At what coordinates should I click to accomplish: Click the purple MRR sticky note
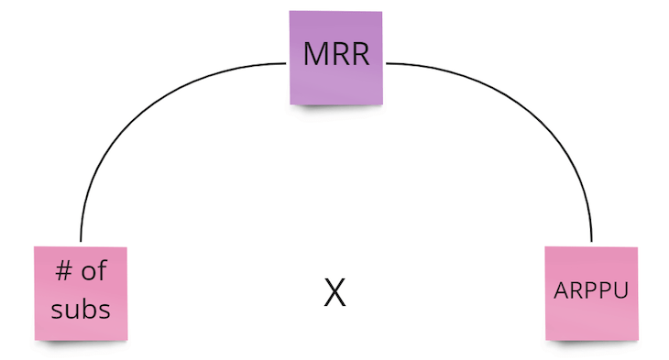337,57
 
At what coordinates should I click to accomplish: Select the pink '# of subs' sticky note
81,292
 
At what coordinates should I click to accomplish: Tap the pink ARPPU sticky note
591,293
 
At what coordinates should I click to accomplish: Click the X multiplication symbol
335,292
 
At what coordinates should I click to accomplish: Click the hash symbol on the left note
63,272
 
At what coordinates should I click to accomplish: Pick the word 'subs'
81,309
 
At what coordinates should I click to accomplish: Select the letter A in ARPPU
561,291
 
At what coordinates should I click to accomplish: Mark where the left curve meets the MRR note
288,63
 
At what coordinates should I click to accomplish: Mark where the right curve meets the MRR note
387,63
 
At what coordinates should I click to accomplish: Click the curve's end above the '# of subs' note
81,242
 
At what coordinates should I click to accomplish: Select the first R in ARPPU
575,291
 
